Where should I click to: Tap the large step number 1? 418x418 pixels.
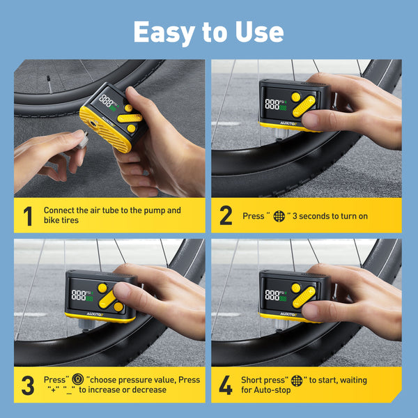28,216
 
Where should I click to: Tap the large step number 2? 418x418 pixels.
226,215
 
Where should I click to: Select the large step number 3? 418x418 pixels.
28,385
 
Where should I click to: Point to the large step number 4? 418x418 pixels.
226,385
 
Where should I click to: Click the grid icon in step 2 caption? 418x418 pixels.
279,216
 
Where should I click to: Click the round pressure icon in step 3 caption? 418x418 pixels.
77,379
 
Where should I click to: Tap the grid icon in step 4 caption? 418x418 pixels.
297,380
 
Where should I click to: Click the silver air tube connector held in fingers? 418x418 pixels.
83,139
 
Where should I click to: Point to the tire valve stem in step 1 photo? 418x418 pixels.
49,84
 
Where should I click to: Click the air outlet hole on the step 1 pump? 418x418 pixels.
93,124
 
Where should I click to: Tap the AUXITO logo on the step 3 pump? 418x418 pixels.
94,314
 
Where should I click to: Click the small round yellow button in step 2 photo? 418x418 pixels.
295,97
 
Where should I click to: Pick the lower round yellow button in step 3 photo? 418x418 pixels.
118,307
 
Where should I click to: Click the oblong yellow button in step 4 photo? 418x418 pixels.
304,297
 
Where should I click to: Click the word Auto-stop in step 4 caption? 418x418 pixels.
272,390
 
